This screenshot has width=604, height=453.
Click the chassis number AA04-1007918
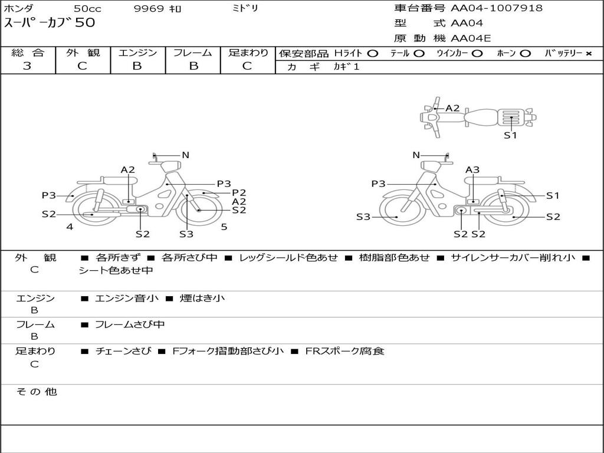(497, 8)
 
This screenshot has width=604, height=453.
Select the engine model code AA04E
(471, 38)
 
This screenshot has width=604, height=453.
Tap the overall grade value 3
(27, 66)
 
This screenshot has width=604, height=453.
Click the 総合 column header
(28, 52)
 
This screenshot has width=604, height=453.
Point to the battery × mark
(589, 54)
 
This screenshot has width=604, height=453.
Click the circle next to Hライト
(372, 54)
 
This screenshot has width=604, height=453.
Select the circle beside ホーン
(525, 54)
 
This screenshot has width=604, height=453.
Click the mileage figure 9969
(149, 8)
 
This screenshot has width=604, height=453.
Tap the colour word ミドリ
(245, 8)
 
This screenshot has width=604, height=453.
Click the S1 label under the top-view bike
(510, 135)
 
